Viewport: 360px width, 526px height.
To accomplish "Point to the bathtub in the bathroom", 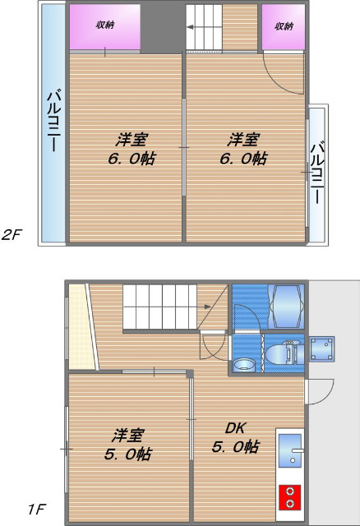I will [x=286, y=305].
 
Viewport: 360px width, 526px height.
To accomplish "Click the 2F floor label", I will [x=12, y=234].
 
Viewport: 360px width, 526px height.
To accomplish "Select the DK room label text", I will [x=236, y=428].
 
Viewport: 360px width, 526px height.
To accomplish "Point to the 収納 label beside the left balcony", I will [x=104, y=25].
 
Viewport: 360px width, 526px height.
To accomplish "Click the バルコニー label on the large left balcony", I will [x=51, y=122].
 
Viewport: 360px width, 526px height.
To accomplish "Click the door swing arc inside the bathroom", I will [x=247, y=318].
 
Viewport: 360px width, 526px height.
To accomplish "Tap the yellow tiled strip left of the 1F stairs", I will [x=77, y=325].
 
